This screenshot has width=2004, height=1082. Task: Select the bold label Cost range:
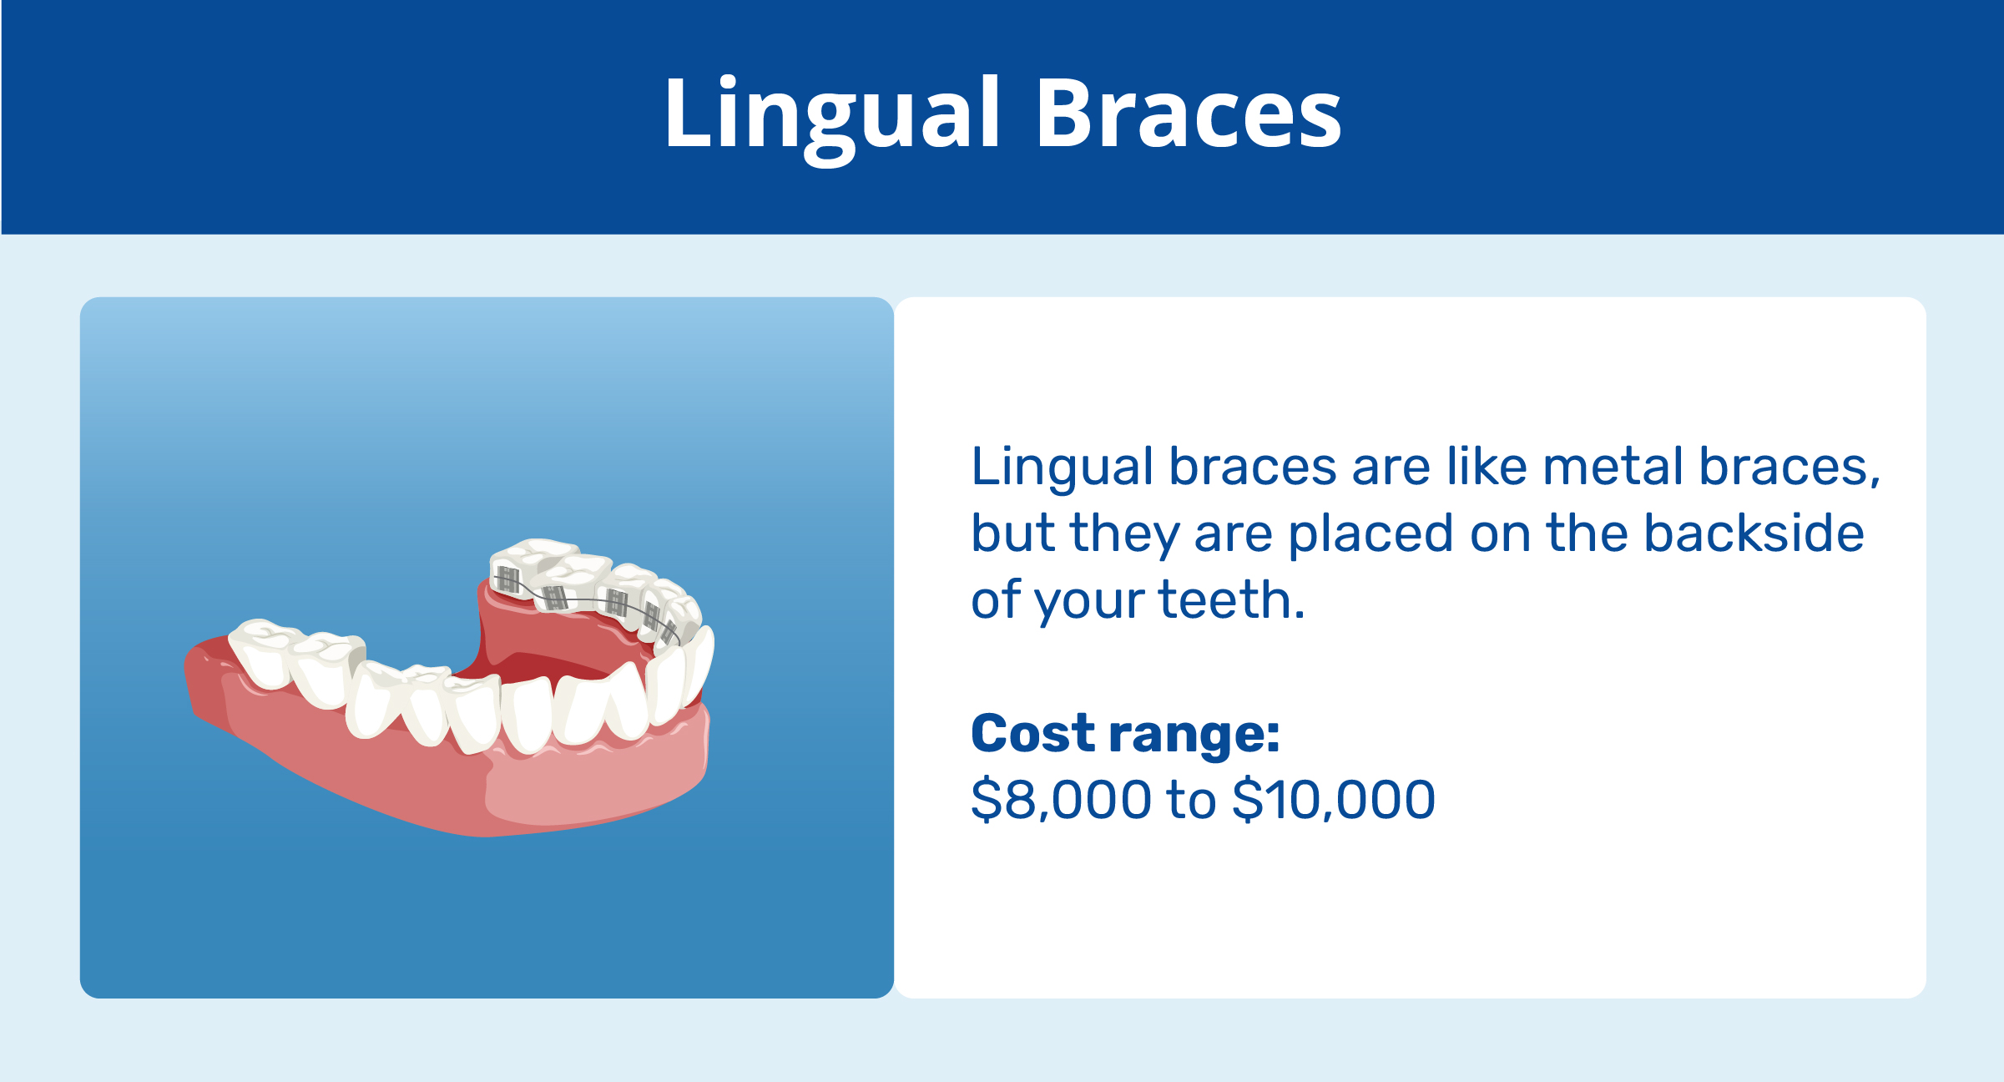[1124, 734]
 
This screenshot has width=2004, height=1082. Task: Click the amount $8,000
[1060, 800]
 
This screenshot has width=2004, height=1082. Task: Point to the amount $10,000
[1333, 800]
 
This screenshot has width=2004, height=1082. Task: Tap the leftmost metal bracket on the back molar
[507, 579]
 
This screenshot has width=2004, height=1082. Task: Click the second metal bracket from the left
[555, 597]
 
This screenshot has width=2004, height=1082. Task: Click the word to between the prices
[1192, 800]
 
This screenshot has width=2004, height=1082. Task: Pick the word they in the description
[1123, 534]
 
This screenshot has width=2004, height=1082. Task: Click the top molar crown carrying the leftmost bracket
[534, 554]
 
